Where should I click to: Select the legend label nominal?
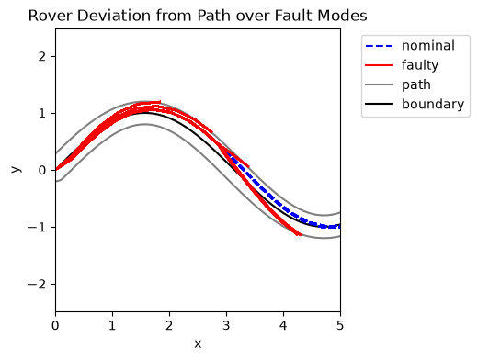(428, 46)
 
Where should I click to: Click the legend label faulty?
(420, 65)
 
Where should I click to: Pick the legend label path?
(416, 84)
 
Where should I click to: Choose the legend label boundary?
(433, 104)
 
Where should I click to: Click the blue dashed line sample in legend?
(379, 46)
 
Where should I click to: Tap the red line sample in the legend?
(379, 65)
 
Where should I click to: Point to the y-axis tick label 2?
(42, 56)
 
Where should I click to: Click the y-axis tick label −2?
(37, 284)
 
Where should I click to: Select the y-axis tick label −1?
(37, 227)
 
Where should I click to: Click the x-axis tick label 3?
(226, 325)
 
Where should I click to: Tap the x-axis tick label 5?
(340, 325)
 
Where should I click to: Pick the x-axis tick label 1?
(112, 325)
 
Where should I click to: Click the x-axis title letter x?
(198, 344)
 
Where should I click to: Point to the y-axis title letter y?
(16, 170)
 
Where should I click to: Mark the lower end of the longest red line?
(300, 235)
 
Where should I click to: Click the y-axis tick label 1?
(42, 113)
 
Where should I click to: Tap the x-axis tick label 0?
(55, 325)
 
